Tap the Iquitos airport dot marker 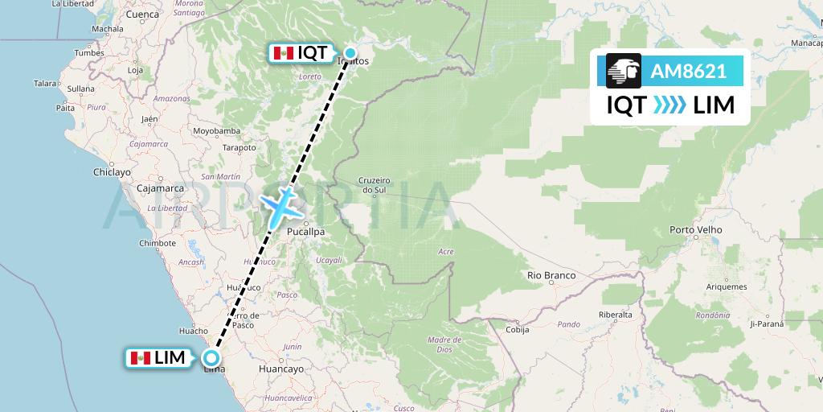(x=350, y=53)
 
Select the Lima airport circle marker (x=211, y=359)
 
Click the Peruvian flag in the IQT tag (x=282, y=53)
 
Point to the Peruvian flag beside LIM (x=141, y=358)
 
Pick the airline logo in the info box (x=624, y=72)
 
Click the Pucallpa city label (x=306, y=232)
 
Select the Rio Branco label (x=551, y=275)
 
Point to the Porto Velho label (x=694, y=230)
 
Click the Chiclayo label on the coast (x=112, y=172)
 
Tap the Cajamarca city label (x=160, y=188)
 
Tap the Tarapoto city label (x=240, y=148)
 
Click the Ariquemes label (x=726, y=287)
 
